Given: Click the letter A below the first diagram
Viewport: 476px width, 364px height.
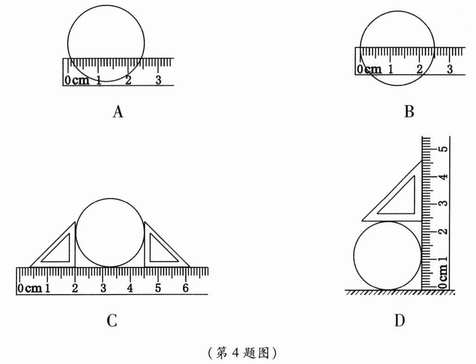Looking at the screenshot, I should [x=118, y=111].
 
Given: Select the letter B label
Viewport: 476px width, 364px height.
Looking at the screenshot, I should [x=409, y=111].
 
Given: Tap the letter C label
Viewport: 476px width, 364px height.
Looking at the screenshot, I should [x=111, y=321].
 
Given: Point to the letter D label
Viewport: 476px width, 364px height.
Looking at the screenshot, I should [x=400, y=321].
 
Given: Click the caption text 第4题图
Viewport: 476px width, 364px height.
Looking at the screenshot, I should [x=242, y=353].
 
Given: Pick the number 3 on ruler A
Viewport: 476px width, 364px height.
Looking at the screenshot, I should [x=158, y=80].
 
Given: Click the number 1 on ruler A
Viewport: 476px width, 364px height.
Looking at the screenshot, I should [x=99, y=80].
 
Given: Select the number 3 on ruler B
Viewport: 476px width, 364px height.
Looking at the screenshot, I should [x=449, y=69].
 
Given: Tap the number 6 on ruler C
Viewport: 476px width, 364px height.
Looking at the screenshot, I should [x=186, y=288].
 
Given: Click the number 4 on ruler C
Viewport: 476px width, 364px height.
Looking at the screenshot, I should [x=130, y=288].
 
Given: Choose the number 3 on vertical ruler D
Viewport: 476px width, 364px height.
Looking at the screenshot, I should [x=443, y=204].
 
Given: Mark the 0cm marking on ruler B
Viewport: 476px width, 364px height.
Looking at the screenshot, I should [x=370, y=70].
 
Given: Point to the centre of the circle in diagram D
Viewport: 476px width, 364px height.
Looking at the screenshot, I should [x=388, y=255].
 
